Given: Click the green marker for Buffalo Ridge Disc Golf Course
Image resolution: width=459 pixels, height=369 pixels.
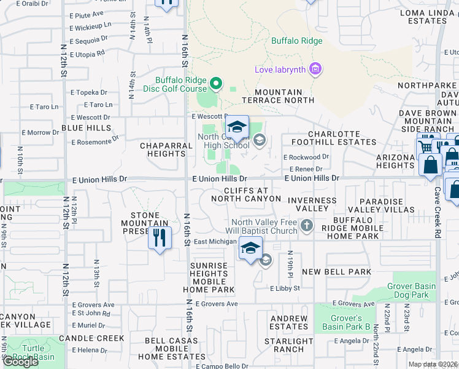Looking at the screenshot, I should click(215, 83).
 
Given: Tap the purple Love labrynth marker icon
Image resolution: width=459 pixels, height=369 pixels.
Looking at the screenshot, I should click(315, 69).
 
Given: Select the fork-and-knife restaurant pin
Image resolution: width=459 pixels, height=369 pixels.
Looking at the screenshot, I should click(160, 237).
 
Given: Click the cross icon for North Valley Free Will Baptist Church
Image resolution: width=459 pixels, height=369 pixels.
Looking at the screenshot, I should click(307, 226).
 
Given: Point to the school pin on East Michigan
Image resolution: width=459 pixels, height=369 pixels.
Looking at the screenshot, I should click(250, 248).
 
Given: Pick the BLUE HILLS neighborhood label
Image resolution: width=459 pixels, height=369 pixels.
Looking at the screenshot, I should click(87, 128).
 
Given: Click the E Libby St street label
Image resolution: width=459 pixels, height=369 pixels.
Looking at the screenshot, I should click(285, 288).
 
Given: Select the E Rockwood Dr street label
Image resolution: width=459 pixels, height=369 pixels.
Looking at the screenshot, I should click(306, 157).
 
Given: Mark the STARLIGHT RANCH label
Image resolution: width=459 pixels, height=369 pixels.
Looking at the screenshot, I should click(288, 346).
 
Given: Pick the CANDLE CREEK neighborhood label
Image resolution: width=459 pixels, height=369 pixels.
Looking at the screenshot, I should click(91, 338).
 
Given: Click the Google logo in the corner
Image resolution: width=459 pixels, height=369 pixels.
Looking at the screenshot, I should click(20, 362).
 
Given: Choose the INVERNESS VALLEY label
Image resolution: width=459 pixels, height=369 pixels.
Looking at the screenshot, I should click(312, 205).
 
